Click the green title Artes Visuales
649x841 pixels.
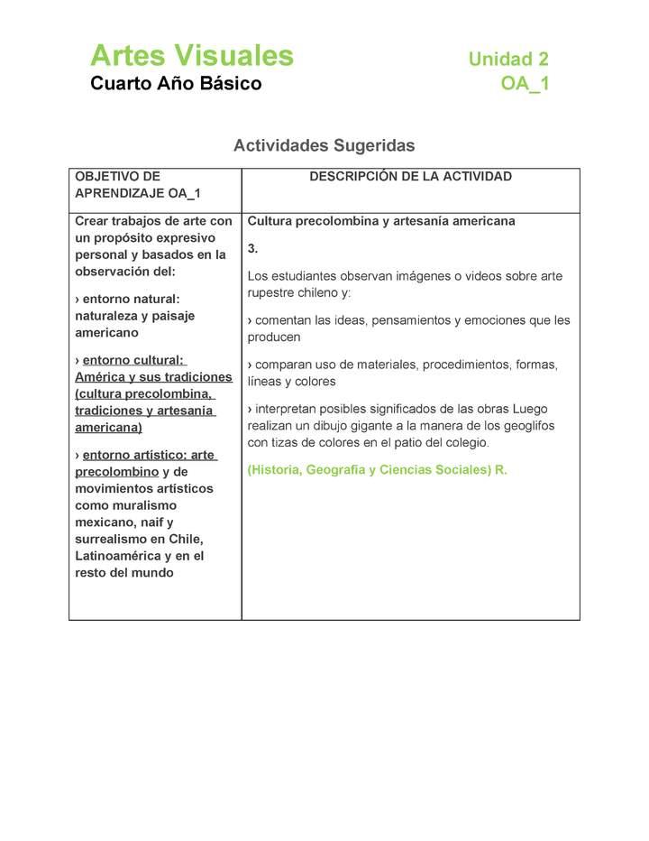point(191,56)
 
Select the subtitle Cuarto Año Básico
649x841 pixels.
point(176,84)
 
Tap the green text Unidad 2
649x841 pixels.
point(507,60)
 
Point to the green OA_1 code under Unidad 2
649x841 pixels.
point(525,84)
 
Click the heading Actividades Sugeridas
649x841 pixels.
point(324,145)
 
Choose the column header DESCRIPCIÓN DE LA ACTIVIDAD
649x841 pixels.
point(410,177)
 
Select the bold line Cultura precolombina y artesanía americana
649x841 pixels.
point(381,221)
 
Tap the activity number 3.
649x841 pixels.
point(252,248)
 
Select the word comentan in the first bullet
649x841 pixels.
point(285,320)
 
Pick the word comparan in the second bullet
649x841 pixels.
point(285,365)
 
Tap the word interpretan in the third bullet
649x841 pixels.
point(289,409)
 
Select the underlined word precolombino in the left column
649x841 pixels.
point(117,472)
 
